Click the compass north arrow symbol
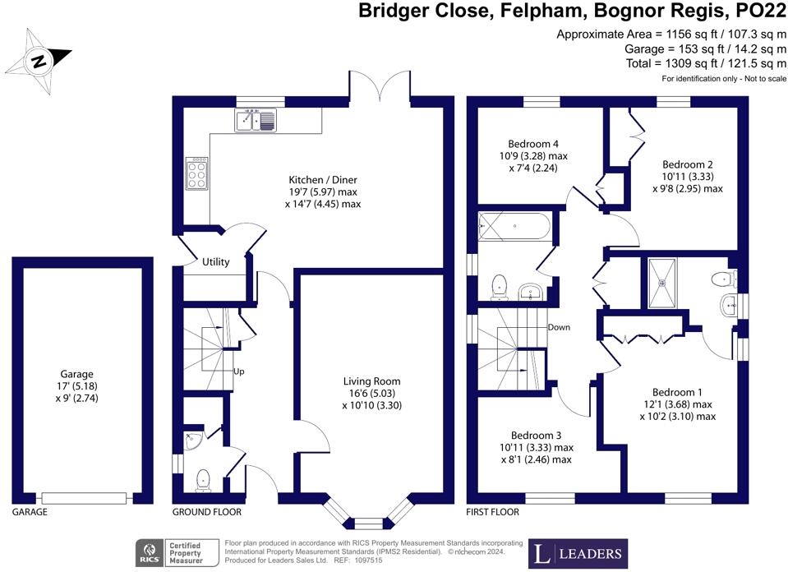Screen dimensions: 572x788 39,60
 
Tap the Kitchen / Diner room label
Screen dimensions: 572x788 322,180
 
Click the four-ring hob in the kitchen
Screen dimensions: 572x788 197,173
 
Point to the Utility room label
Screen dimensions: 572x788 215,262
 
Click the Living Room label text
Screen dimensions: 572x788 372,381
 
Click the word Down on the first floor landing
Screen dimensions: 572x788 559,327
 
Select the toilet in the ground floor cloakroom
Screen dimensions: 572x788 203,478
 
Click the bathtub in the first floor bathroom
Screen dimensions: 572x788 514,225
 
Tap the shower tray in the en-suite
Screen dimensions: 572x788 666,284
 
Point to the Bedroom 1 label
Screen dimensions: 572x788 677,392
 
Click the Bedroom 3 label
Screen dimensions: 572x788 536,435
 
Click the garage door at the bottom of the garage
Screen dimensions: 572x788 85,497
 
